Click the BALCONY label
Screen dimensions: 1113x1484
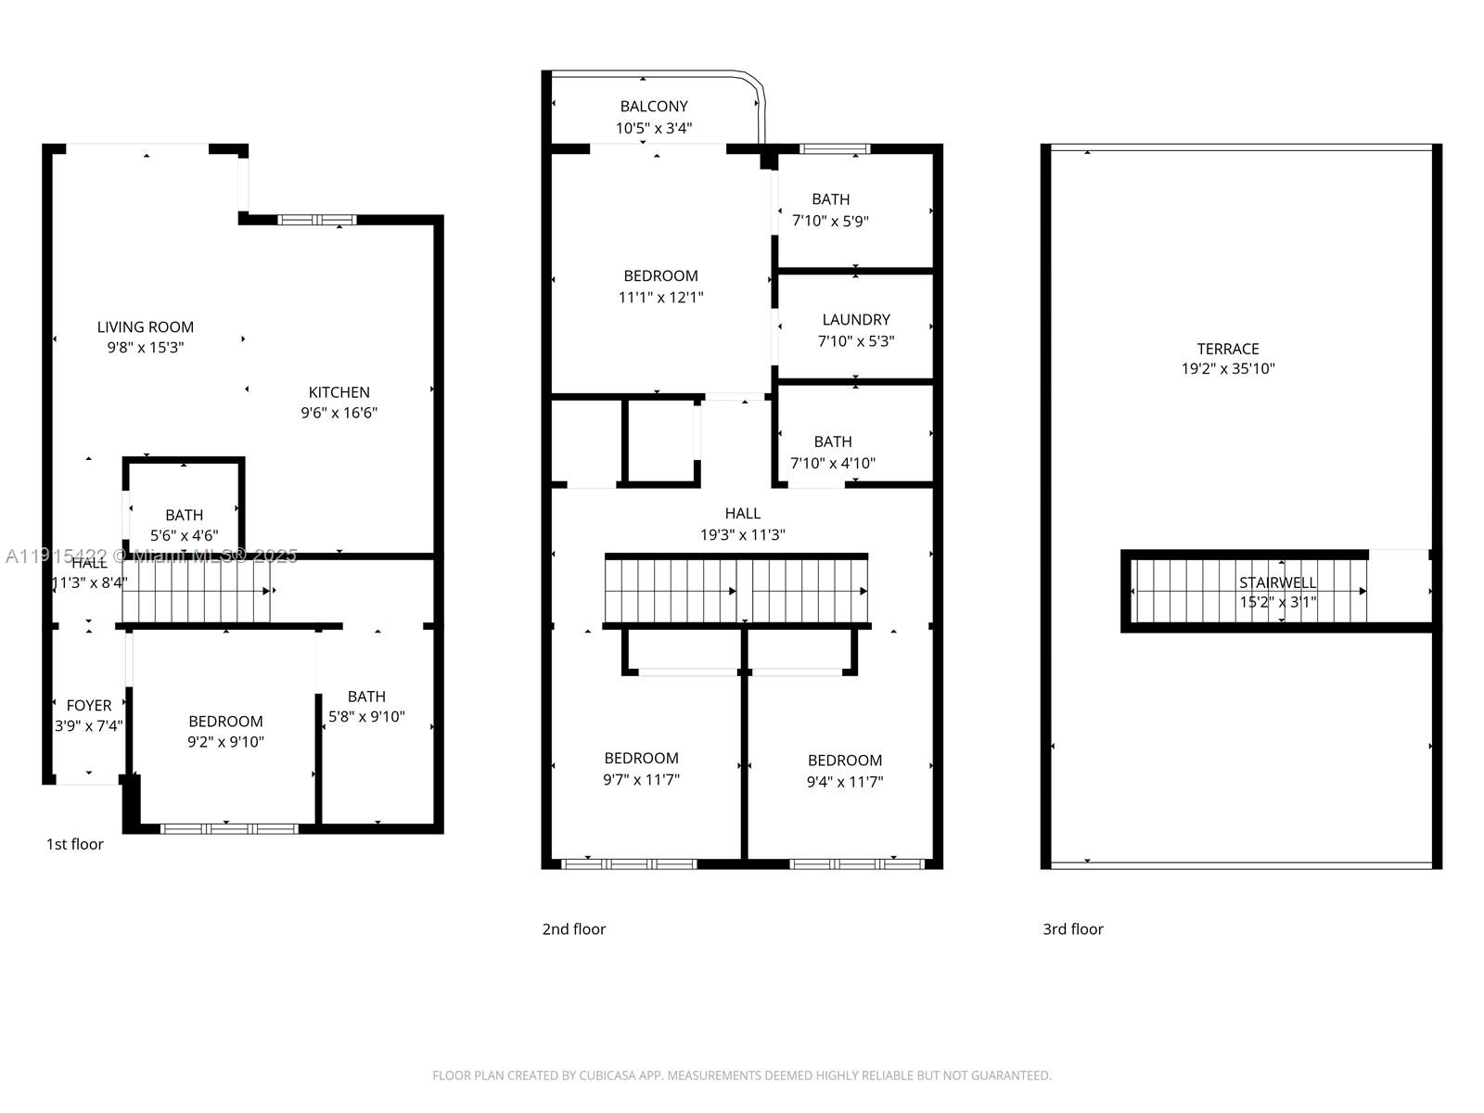pyautogui.click(x=654, y=107)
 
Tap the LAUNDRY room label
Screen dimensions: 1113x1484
pyautogui.click(x=855, y=320)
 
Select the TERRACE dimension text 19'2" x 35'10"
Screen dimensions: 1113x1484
pyautogui.click(x=1228, y=369)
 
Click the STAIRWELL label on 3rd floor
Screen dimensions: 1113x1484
pyautogui.click(x=1277, y=582)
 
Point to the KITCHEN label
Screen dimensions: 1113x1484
pyautogui.click(x=339, y=392)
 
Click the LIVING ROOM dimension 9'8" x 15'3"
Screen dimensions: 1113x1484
pyautogui.click(x=146, y=348)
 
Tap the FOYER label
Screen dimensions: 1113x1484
pyautogui.click(x=89, y=706)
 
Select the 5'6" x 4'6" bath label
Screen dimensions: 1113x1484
pyautogui.click(x=184, y=535)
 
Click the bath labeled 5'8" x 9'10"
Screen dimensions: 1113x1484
pyautogui.click(x=366, y=707)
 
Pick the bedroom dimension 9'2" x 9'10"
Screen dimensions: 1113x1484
pyautogui.click(x=225, y=742)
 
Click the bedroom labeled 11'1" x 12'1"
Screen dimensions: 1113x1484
pyautogui.click(x=660, y=287)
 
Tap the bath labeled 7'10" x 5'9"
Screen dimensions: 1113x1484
pyautogui.click(x=830, y=210)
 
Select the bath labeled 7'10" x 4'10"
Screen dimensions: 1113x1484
pyautogui.click(x=832, y=453)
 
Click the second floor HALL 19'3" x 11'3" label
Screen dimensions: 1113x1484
pyautogui.click(x=742, y=524)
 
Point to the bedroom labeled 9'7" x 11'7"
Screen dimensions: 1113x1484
pyautogui.click(x=641, y=769)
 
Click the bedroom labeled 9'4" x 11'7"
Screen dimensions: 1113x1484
pyautogui.click(x=844, y=771)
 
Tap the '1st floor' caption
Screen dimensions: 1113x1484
pyautogui.click(x=75, y=844)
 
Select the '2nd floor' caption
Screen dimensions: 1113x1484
pyautogui.click(x=573, y=929)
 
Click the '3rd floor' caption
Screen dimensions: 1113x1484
pyautogui.click(x=1073, y=929)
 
